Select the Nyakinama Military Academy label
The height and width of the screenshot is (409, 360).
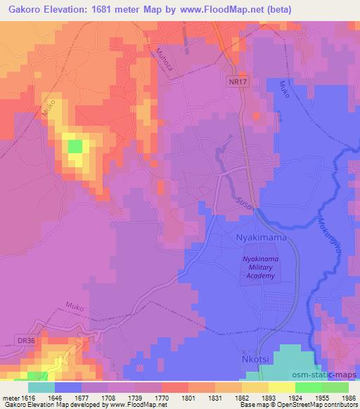click(260, 268)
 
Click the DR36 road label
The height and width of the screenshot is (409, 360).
click(26, 341)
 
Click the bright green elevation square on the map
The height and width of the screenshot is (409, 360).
click(74, 146)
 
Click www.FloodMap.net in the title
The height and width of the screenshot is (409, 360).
click(215, 10)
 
